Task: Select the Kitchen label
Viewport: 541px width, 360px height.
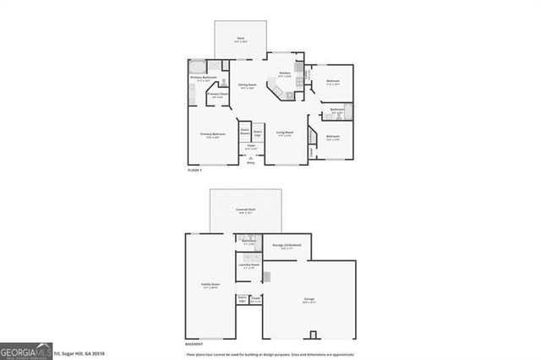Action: pyautogui.click(x=285, y=74)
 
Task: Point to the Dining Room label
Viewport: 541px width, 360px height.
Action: pyautogui.click(x=247, y=85)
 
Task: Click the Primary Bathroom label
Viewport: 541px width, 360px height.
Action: pyautogui.click(x=205, y=78)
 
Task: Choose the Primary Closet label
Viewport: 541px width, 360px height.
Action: pyautogui.click(x=217, y=95)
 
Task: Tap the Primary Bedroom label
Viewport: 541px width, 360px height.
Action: pyautogui.click(x=212, y=134)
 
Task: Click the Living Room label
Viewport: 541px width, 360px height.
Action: pyautogui.click(x=284, y=133)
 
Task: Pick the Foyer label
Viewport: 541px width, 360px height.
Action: pyautogui.click(x=251, y=146)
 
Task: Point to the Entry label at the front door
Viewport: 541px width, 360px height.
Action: pyautogui.click(x=250, y=162)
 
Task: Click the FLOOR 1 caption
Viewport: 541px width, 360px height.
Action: pyautogui.click(x=195, y=171)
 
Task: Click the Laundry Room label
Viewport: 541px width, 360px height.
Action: pyautogui.click(x=249, y=265)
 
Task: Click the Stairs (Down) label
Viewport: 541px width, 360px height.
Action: pyautogui.click(x=244, y=131)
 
